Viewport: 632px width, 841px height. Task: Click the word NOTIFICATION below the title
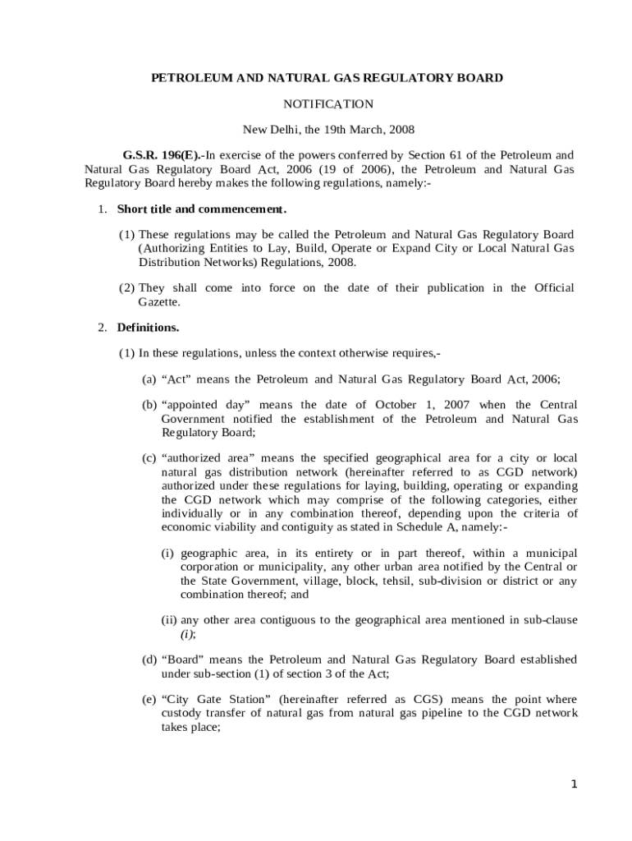[x=328, y=104]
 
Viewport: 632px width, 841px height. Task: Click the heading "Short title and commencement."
[x=201, y=209]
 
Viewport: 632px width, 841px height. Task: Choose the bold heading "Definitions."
[x=148, y=328]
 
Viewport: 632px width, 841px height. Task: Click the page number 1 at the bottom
[x=575, y=784]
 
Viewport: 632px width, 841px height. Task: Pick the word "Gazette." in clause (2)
[x=158, y=301]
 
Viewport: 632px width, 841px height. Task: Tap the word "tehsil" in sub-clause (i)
[x=382, y=581]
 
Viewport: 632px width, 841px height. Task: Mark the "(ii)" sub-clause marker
[x=169, y=620]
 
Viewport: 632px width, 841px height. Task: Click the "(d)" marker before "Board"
[x=149, y=659]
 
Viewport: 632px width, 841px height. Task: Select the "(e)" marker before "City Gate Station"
[x=149, y=699]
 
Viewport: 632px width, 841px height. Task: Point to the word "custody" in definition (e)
[x=183, y=713]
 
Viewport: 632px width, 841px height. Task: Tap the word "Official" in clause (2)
[x=554, y=287]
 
